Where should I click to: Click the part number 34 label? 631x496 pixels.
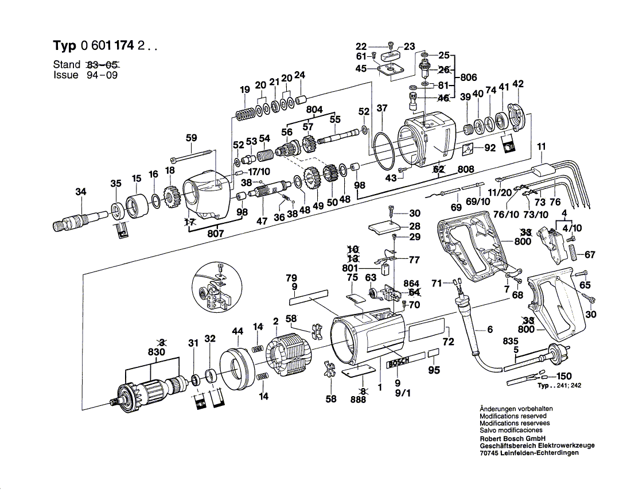coord(81,192)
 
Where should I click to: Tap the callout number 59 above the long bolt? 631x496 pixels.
coord(192,138)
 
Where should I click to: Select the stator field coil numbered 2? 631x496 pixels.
coord(289,358)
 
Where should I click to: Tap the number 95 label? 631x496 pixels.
coord(434,370)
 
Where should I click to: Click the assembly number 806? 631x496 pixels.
coord(468,77)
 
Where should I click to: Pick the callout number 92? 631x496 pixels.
coord(489,148)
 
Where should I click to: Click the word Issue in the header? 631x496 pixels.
coord(65,75)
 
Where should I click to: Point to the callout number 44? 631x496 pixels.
coord(238,331)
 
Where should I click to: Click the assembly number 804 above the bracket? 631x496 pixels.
coord(314,110)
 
